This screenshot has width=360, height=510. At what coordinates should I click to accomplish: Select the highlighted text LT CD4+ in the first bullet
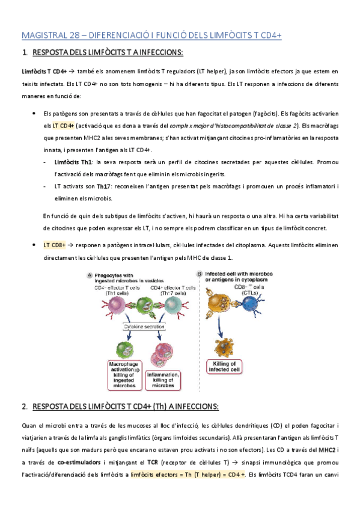click(63, 126)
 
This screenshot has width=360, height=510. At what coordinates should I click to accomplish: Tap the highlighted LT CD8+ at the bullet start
click(54, 245)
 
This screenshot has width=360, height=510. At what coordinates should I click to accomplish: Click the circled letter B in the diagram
click(200, 275)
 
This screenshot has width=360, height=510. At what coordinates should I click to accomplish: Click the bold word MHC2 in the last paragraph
click(327, 450)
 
